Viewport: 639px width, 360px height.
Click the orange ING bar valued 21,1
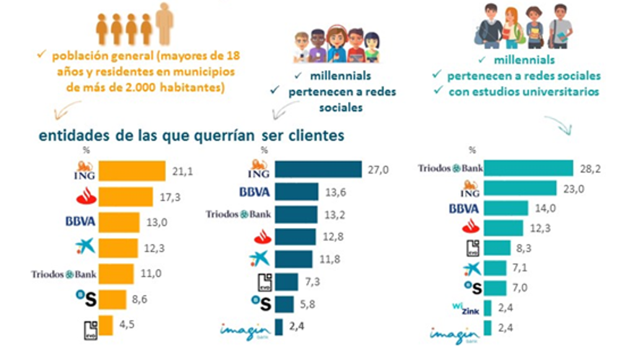(x=132, y=171)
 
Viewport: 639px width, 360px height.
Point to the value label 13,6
(x=336, y=192)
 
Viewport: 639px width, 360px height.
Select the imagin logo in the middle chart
(x=245, y=330)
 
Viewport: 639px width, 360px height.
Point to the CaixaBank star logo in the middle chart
(x=259, y=258)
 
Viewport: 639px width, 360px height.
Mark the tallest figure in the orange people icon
(x=165, y=23)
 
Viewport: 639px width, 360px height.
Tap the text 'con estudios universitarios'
(x=516, y=92)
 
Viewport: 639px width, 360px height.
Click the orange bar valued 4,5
(x=106, y=325)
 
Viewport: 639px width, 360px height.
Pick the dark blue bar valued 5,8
(x=284, y=304)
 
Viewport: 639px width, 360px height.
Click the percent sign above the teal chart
(x=472, y=150)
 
